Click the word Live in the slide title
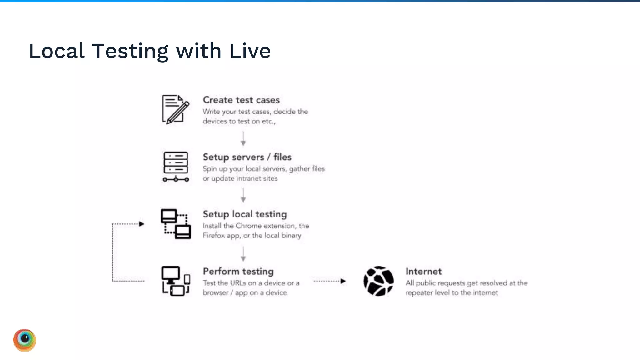coord(250,51)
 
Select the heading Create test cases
coord(241,100)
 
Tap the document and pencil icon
coord(176,109)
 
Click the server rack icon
coord(176,167)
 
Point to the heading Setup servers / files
coord(247,157)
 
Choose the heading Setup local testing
coord(245,214)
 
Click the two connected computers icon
coord(176,224)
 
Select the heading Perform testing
coord(238,272)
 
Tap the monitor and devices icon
coord(176,281)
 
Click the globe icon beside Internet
coord(378,281)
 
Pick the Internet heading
coord(423,272)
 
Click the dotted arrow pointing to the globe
coord(330,281)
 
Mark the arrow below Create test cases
coord(243,139)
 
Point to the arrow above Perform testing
coord(243,254)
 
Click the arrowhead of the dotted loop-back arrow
coord(142,224)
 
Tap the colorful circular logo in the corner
coord(25,340)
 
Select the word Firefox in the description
coord(214,236)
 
